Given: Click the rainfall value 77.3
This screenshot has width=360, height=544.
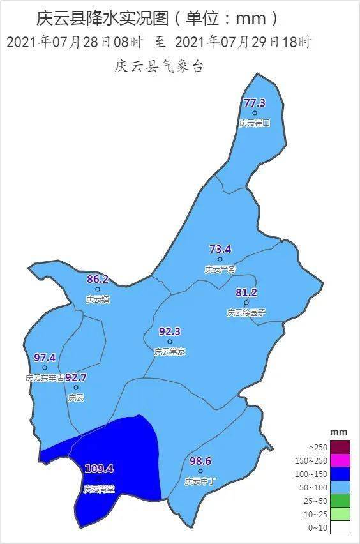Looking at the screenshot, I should click(x=254, y=103).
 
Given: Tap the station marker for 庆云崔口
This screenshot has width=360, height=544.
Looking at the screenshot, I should click(x=255, y=113).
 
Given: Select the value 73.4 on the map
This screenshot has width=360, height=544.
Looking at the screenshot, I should click(x=220, y=249).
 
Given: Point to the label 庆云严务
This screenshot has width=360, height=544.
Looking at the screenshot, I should click(x=220, y=269).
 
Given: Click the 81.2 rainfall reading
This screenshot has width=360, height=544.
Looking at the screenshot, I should click(x=246, y=292).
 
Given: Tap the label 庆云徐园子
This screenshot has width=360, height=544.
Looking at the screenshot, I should click(x=246, y=313).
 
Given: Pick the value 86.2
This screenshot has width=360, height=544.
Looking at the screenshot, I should click(x=97, y=279).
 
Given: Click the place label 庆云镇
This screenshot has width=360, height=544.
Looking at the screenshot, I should click(x=97, y=299).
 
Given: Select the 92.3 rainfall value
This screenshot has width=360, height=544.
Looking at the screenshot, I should click(x=170, y=331).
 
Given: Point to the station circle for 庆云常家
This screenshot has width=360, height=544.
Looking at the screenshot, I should click(x=170, y=342).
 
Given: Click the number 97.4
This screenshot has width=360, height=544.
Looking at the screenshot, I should click(x=45, y=358).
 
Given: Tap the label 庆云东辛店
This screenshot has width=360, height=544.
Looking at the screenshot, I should click(x=45, y=378).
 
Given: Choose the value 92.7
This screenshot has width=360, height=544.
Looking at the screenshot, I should click(x=75, y=377).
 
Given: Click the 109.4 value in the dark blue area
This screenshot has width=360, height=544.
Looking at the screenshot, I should click(x=99, y=469).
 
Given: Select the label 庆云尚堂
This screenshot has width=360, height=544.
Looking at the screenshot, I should click(x=99, y=489).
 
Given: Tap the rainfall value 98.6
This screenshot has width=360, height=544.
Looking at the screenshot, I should click(x=200, y=461).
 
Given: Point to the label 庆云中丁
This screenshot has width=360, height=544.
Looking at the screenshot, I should click(x=200, y=481).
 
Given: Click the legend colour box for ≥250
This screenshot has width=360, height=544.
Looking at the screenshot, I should click(x=340, y=447).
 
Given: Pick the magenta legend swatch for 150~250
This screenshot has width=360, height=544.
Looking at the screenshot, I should click(x=340, y=460).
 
